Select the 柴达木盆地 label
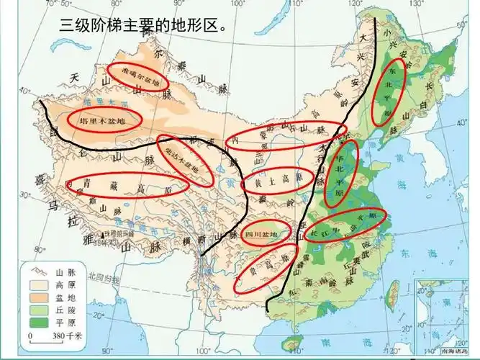185,161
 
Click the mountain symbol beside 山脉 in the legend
37,271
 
